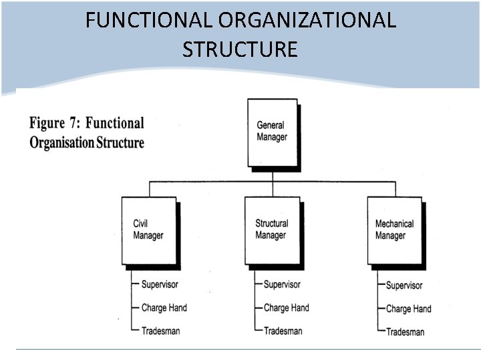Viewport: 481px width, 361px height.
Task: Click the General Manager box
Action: (272, 132)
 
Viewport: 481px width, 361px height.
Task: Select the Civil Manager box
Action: (148, 230)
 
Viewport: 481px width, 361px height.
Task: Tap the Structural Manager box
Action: (271, 230)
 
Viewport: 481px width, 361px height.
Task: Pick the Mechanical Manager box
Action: (394, 230)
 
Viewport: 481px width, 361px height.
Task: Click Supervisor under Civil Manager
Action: (160, 285)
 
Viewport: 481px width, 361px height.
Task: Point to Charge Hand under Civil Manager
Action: (164, 308)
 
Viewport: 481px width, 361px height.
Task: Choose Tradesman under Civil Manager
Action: (160, 331)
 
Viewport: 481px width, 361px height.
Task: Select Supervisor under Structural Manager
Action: (282, 285)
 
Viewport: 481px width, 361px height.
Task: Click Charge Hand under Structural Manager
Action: (286, 308)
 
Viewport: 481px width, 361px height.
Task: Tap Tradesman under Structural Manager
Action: (283, 331)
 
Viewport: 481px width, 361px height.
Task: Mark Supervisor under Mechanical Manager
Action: (404, 285)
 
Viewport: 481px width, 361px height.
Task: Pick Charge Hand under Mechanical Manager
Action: (408, 309)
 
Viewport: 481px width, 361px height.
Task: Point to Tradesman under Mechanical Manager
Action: (405, 332)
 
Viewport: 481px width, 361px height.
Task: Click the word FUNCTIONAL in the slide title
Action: (148, 21)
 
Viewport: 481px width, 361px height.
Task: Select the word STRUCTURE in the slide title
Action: (240, 49)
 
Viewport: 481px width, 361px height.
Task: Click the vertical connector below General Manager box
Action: (272, 174)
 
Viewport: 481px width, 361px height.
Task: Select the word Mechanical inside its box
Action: (394, 224)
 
